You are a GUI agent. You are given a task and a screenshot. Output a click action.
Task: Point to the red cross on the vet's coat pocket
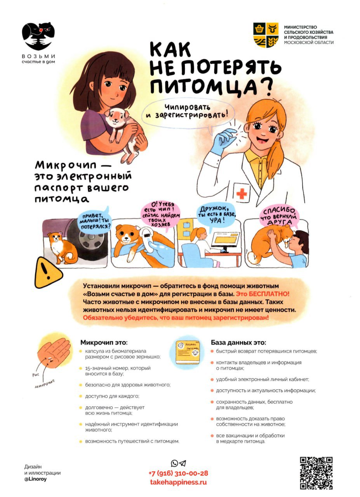(242, 194)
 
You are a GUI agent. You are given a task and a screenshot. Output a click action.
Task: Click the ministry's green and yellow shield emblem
(266, 35)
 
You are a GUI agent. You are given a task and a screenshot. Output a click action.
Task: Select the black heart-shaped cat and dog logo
(38, 36)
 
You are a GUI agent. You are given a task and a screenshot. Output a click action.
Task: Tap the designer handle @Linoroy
(35, 485)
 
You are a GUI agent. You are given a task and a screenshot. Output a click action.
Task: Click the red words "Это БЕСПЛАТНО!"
(263, 294)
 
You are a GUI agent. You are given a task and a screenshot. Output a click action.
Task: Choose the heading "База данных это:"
(238, 342)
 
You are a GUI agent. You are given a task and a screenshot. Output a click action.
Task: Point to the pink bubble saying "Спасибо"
(279, 216)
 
